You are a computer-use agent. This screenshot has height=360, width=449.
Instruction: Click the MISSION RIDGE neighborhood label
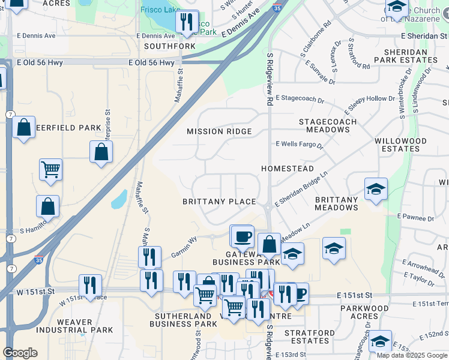(218, 131)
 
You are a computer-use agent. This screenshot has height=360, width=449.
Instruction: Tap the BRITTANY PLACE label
(219, 202)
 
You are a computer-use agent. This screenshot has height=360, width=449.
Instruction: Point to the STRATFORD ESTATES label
(307, 337)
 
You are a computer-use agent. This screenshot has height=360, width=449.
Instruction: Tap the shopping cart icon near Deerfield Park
(51, 169)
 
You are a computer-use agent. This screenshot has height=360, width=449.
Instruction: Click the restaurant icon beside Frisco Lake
(187, 22)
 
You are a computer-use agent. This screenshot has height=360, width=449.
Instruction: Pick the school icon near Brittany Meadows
(376, 189)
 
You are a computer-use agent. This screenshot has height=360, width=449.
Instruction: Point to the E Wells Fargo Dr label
(300, 145)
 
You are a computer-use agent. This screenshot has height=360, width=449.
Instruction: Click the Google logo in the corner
(20, 353)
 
